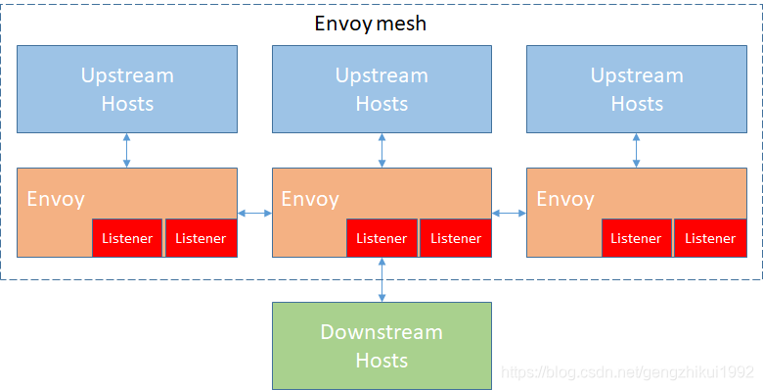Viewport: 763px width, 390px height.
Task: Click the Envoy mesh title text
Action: click(371, 24)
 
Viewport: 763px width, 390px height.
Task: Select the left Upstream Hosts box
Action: click(127, 88)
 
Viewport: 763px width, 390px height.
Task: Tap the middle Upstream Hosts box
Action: click(381, 88)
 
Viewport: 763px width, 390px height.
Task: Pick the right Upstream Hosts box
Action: click(637, 88)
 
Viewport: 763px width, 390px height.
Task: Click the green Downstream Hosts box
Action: click(381, 346)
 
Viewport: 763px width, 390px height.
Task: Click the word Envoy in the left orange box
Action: click(56, 199)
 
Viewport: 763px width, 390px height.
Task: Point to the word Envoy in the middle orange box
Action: click(310, 199)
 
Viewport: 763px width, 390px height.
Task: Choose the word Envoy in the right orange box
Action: click(565, 199)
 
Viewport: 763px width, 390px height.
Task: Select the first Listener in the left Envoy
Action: click(127, 238)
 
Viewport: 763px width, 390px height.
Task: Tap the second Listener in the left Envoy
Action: click(201, 238)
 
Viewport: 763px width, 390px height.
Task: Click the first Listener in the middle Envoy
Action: click(381, 238)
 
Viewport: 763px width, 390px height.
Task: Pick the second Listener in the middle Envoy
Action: click(456, 238)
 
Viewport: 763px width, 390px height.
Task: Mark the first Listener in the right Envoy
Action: click(636, 238)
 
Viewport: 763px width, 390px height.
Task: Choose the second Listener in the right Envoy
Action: click(710, 238)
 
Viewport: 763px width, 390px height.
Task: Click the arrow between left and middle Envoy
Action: click(254, 213)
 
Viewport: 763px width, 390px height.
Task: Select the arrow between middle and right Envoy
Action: click(509, 213)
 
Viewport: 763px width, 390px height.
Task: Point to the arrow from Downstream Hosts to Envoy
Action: click(381, 279)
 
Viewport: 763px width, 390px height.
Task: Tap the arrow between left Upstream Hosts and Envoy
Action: click(127, 150)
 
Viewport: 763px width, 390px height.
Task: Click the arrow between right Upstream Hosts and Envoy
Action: click(637, 150)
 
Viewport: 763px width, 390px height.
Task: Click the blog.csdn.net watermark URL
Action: click(627, 373)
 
